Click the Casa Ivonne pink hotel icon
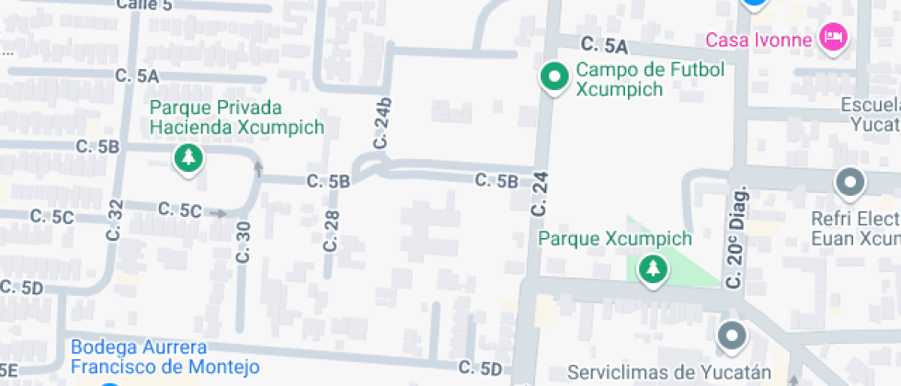835,38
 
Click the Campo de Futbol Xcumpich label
650,79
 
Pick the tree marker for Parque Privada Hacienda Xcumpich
188,157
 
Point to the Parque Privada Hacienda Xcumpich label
237,117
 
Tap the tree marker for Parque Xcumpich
654,268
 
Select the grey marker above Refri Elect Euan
850,183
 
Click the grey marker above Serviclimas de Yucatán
732,336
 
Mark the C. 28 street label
331,230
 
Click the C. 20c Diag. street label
736,237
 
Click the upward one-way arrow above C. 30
257,168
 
